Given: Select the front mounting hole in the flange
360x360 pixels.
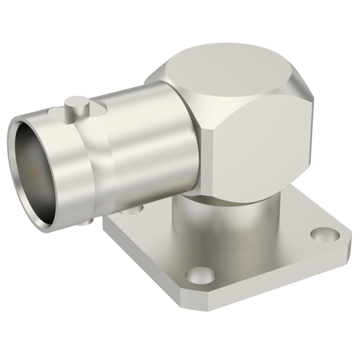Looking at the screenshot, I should (x=200, y=275).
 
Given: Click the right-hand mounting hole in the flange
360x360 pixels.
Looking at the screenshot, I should (x=325, y=235).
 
